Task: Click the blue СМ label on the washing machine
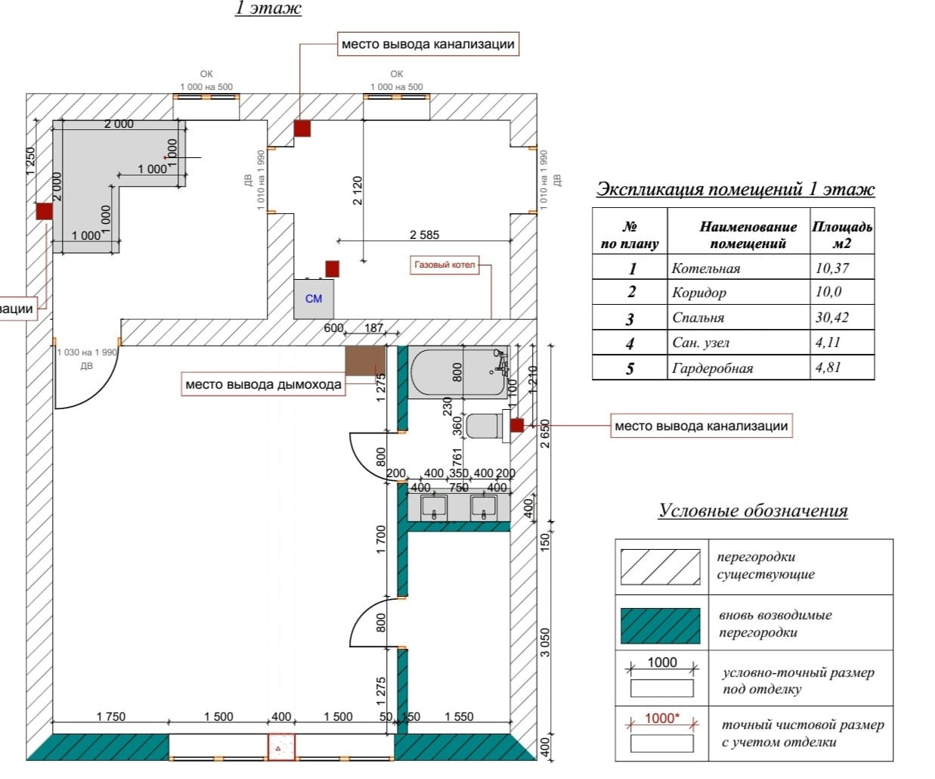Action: [x=314, y=299]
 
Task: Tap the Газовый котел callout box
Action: [x=444, y=265]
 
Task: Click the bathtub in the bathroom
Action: [x=458, y=372]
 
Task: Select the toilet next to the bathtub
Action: [x=485, y=426]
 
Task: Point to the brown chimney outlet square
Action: [x=364, y=361]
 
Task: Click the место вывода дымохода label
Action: [x=263, y=385]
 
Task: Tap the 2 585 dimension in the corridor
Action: [x=424, y=235]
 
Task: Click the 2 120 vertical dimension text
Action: [x=358, y=191]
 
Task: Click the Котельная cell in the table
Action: [x=706, y=268]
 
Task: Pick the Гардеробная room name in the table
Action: [x=712, y=368]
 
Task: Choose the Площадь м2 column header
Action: [x=841, y=234]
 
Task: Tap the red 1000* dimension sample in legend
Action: [x=662, y=718]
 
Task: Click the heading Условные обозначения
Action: [x=753, y=511]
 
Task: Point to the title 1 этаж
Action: [x=268, y=9]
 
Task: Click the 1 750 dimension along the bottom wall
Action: [x=110, y=717]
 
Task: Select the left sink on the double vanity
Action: [x=434, y=507]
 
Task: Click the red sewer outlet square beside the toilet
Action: [x=516, y=425]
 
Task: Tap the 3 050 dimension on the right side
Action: [x=545, y=642]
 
